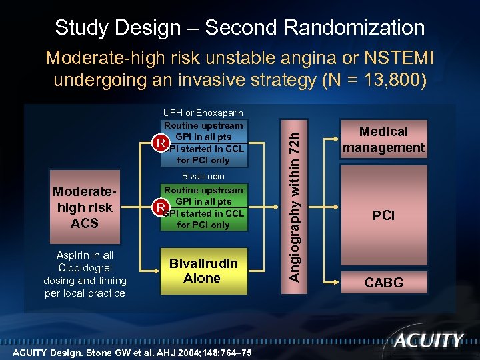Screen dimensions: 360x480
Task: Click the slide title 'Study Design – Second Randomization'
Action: coord(240,27)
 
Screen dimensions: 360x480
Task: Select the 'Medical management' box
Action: coord(383,140)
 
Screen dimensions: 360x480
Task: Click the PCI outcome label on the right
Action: coord(383,215)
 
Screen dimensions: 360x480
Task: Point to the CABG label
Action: coord(383,283)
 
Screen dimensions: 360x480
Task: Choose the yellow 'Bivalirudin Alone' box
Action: coord(202,271)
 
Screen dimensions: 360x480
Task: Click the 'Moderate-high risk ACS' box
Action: coord(85,207)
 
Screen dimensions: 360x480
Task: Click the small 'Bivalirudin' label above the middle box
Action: coord(203,177)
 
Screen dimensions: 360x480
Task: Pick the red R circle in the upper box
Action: coord(159,143)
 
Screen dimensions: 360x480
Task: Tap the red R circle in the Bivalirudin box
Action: coord(159,207)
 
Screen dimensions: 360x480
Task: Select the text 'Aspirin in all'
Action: coord(85,255)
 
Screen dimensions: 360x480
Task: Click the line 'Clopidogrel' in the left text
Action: coord(85,268)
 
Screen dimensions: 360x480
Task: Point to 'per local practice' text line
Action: coord(85,293)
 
